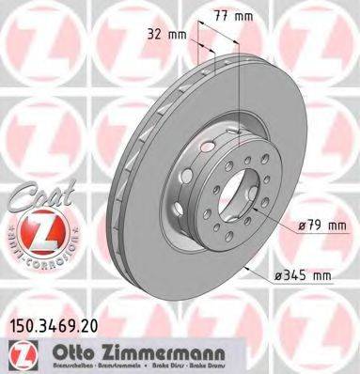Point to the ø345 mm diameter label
tap(306, 276)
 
